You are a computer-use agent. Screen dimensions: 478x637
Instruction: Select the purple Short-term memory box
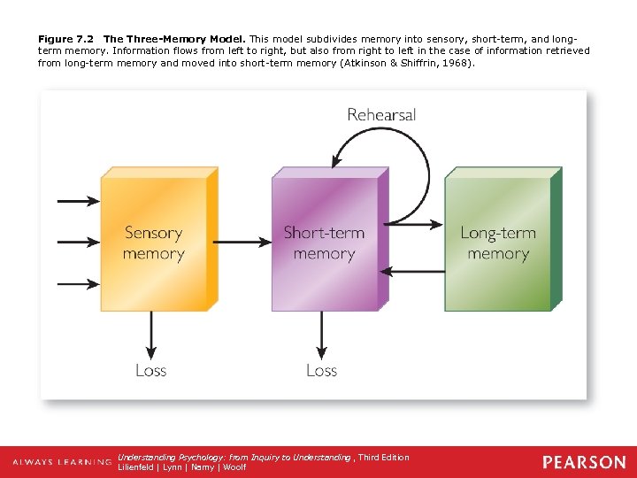(324, 243)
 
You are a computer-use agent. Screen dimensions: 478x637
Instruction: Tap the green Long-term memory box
(497, 243)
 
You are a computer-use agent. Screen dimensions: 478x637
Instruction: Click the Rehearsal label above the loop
(381, 114)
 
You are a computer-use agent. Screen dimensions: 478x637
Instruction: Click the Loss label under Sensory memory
(151, 370)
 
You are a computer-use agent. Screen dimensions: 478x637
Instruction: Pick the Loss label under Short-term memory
(322, 370)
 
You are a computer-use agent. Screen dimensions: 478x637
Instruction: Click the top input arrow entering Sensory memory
(78, 202)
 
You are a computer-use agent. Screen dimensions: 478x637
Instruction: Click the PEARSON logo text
(584, 462)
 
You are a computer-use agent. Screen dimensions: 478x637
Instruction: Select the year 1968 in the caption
(456, 63)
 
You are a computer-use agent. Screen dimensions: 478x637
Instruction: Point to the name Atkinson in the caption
(362, 63)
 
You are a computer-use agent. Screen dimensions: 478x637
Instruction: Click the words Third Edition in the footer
(384, 458)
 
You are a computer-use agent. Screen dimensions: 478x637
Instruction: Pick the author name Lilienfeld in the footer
(137, 467)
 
